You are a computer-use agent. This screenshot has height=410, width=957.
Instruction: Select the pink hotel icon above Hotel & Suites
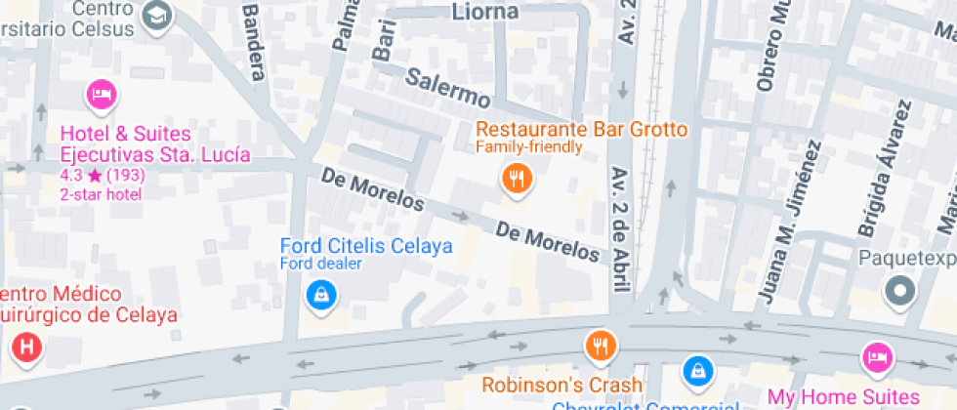[x=101, y=95]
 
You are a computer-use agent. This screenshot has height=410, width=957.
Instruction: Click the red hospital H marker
[x=26, y=348]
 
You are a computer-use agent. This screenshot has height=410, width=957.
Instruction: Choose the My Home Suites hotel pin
[x=877, y=357]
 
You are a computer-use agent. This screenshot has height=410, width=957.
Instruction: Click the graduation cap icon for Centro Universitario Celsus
[x=156, y=15]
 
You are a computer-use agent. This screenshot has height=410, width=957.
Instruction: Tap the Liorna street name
[x=486, y=12]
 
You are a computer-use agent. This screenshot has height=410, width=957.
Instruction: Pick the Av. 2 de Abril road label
[x=620, y=228]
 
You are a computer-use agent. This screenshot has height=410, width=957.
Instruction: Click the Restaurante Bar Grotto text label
[x=580, y=129]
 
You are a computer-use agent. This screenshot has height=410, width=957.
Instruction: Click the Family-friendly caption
[x=528, y=147]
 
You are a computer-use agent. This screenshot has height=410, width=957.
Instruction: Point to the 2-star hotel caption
[x=101, y=193]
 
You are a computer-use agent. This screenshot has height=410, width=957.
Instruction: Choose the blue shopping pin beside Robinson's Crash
[x=698, y=369]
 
